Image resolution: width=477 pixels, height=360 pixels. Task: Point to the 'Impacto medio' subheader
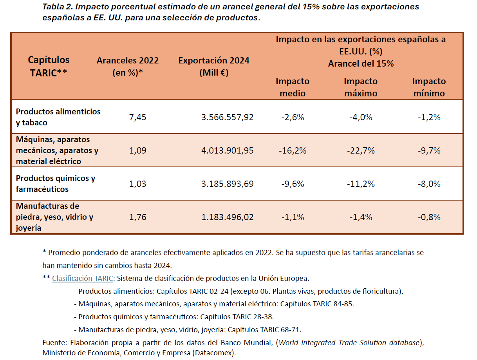click(292, 87)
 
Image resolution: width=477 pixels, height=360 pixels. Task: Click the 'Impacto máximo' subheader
click(360, 87)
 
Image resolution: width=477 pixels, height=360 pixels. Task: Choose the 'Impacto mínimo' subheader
click(429, 87)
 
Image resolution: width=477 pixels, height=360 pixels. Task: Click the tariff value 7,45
click(137, 117)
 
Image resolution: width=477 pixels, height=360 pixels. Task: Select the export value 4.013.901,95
click(227, 150)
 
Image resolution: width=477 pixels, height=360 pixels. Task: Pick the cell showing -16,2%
click(293, 150)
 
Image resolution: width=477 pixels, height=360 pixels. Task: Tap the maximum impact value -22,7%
click(361, 150)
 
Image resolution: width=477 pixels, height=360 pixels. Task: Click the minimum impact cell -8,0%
click(429, 184)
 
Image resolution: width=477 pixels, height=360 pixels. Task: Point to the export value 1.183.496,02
click(227, 217)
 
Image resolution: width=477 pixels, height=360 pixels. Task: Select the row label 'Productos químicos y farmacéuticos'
click(55, 184)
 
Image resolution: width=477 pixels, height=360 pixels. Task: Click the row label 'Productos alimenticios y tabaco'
click(58, 117)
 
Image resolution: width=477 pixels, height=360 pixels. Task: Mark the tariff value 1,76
click(137, 217)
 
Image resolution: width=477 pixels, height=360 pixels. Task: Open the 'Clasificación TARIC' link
click(82, 279)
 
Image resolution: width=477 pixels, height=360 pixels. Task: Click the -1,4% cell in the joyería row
click(361, 217)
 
